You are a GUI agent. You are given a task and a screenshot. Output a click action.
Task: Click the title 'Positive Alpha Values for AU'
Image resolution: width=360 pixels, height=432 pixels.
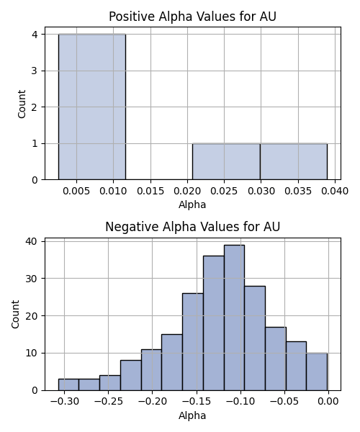coord(192,17)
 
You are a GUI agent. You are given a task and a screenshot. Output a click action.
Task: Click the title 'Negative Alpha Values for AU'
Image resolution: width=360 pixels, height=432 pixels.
coord(192,227)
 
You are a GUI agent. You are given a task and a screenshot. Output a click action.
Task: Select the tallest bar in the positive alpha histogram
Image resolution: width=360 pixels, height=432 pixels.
coord(92,107)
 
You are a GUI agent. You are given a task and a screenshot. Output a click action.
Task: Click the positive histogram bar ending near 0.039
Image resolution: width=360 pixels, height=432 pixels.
coord(294,162)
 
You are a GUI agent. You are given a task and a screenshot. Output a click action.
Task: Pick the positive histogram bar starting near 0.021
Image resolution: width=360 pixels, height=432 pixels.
coord(226,162)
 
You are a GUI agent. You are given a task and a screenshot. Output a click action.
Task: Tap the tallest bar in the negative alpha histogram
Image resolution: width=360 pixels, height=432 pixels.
coord(234,318)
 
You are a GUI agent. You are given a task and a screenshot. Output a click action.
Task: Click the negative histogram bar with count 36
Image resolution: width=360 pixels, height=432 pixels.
coord(214,323)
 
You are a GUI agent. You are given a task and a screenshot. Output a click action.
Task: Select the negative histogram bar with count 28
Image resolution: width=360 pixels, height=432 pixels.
coord(255,338)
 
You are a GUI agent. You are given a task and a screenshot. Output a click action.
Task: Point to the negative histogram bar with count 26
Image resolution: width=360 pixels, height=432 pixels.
coord(193,342)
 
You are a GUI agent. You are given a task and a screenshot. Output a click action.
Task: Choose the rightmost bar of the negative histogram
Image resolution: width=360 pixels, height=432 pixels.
coord(317,372)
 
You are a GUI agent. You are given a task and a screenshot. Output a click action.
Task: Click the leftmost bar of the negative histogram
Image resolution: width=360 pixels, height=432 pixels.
coord(68,384)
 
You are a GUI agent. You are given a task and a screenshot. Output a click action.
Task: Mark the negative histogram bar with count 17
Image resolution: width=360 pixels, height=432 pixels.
coord(276,359)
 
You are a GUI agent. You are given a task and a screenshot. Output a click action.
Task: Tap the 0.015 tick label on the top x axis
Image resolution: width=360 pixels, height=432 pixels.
coord(150,191)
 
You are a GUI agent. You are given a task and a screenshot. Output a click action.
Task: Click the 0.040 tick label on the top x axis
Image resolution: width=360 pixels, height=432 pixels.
coord(335,191)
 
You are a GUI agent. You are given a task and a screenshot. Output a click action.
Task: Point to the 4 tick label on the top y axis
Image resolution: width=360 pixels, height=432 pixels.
coord(35,35)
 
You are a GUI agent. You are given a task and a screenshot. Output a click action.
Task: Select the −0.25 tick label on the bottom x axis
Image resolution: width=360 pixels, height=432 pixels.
coord(108,402)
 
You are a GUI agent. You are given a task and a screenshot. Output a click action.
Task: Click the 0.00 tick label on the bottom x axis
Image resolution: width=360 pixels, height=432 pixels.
coord(328,402)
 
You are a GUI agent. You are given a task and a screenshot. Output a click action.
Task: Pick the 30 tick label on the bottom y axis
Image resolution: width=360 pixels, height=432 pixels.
coord(31,279)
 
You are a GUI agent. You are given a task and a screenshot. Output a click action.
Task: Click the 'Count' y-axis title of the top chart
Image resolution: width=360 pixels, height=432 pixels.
coord(22,104)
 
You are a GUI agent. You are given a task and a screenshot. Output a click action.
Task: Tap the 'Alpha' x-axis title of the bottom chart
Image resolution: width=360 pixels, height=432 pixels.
coord(192,415)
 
